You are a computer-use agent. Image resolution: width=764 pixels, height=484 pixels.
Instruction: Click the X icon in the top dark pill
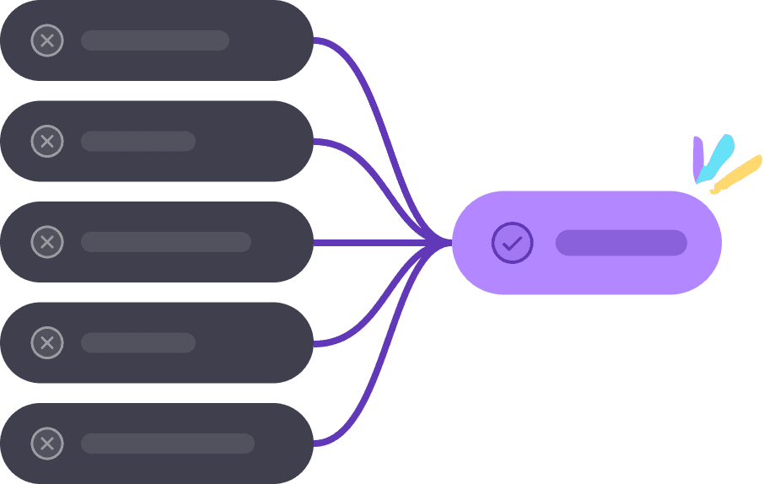pyautogui.click(x=47, y=40)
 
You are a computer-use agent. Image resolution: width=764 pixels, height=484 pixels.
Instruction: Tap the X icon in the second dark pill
pyautogui.click(x=47, y=141)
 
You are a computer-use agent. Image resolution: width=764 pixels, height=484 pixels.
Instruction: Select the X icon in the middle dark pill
pyautogui.click(x=47, y=242)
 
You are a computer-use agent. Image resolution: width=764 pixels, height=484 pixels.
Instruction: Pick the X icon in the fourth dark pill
pyautogui.click(x=47, y=342)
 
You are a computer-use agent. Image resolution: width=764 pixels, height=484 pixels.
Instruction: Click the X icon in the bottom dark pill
pyautogui.click(x=47, y=444)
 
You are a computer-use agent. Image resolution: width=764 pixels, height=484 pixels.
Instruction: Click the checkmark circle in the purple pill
pyautogui.click(x=512, y=243)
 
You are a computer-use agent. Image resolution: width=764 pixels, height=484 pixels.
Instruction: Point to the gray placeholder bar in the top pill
pyautogui.click(x=155, y=40)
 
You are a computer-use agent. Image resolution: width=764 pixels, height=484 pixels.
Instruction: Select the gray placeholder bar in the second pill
pyautogui.click(x=138, y=141)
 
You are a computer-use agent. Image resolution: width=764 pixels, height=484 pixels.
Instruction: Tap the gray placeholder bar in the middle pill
pyautogui.click(x=166, y=242)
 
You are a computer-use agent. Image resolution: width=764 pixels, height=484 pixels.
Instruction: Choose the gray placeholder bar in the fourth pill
pyautogui.click(x=138, y=342)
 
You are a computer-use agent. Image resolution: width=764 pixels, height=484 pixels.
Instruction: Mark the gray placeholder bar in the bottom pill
pyautogui.click(x=168, y=444)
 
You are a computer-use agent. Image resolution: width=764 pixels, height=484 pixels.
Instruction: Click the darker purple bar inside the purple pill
pyautogui.click(x=621, y=243)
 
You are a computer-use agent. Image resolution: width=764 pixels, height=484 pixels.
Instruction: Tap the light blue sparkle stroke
pyautogui.click(x=715, y=158)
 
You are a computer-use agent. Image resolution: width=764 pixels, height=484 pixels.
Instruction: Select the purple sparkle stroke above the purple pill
pyautogui.click(x=698, y=157)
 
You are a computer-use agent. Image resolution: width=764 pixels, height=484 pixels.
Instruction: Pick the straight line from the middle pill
pyautogui.click(x=379, y=243)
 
